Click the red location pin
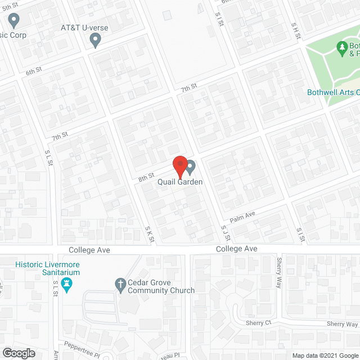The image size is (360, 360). click(179, 166)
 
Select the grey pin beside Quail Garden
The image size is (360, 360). click(191, 167)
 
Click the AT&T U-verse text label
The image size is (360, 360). click(84, 28)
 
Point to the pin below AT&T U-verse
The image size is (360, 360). click(96, 40)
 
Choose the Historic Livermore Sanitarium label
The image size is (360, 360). click(47, 268)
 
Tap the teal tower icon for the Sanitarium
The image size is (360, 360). click(67, 285)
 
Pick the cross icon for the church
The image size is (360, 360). click(120, 285)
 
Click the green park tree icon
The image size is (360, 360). click(341, 48)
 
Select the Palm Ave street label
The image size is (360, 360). click(242, 215)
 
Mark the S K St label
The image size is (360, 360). click(149, 234)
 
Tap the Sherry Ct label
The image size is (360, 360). click(258, 323)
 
